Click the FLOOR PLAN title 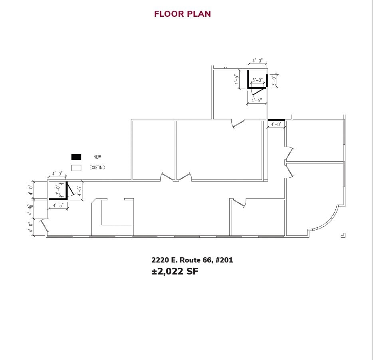[183, 14]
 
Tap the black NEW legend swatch [76, 157]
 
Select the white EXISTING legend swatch [76, 168]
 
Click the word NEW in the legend [97, 157]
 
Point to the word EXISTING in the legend [97, 168]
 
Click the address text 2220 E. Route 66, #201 [192, 260]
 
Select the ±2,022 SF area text [175, 272]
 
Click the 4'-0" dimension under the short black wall [276, 125]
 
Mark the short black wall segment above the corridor [276, 119]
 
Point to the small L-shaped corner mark [343, 235]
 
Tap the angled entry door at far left [44, 227]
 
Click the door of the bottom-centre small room [238, 203]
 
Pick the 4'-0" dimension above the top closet [258, 61]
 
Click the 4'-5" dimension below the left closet [58, 206]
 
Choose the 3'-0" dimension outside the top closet [274, 81]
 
